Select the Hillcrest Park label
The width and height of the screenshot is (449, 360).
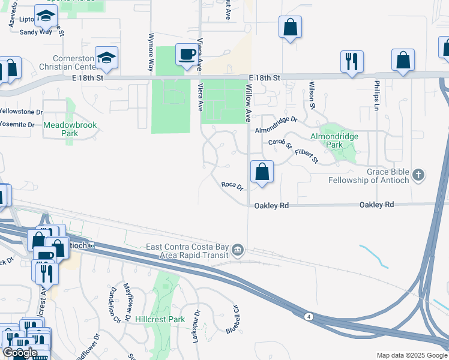(x=160, y=319)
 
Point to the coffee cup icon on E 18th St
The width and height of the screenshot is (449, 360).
(x=186, y=55)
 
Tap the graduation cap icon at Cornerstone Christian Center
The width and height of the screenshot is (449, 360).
(x=106, y=58)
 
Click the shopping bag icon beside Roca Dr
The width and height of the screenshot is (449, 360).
(x=262, y=172)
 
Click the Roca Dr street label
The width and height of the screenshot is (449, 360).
(x=232, y=187)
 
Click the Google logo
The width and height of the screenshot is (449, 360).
(x=19, y=352)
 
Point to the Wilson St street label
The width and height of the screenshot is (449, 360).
(x=312, y=95)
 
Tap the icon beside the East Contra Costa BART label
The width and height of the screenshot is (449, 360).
(x=238, y=250)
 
